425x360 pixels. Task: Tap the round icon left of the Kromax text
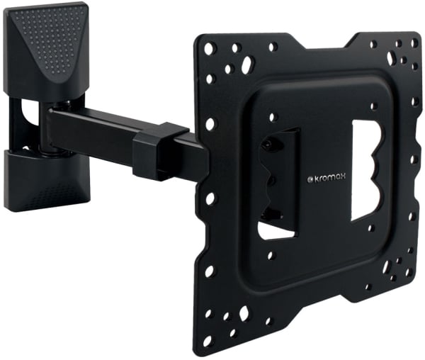click(x=311, y=179)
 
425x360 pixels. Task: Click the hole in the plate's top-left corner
click(x=209, y=49)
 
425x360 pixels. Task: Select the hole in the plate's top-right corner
click(x=414, y=43)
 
